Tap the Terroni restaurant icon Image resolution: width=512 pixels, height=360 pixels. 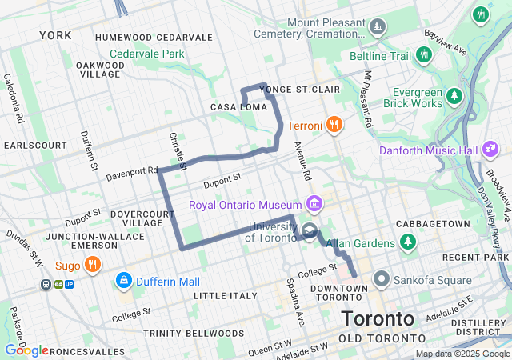tap(334, 126)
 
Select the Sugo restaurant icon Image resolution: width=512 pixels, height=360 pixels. tap(93, 265)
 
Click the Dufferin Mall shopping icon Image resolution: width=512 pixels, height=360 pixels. tap(124, 281)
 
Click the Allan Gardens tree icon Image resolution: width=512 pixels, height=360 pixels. tap(409, 242)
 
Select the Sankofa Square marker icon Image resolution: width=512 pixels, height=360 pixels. tap(381, 280)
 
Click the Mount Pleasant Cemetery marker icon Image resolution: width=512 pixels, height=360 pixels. tap(378, 28)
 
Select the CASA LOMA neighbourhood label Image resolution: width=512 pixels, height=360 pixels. tap(237, 107)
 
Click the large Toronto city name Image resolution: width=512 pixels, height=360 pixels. tap(378, 318)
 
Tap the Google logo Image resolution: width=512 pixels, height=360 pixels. tap(26, 350)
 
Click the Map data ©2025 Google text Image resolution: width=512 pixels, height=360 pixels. tap(462, 354)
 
